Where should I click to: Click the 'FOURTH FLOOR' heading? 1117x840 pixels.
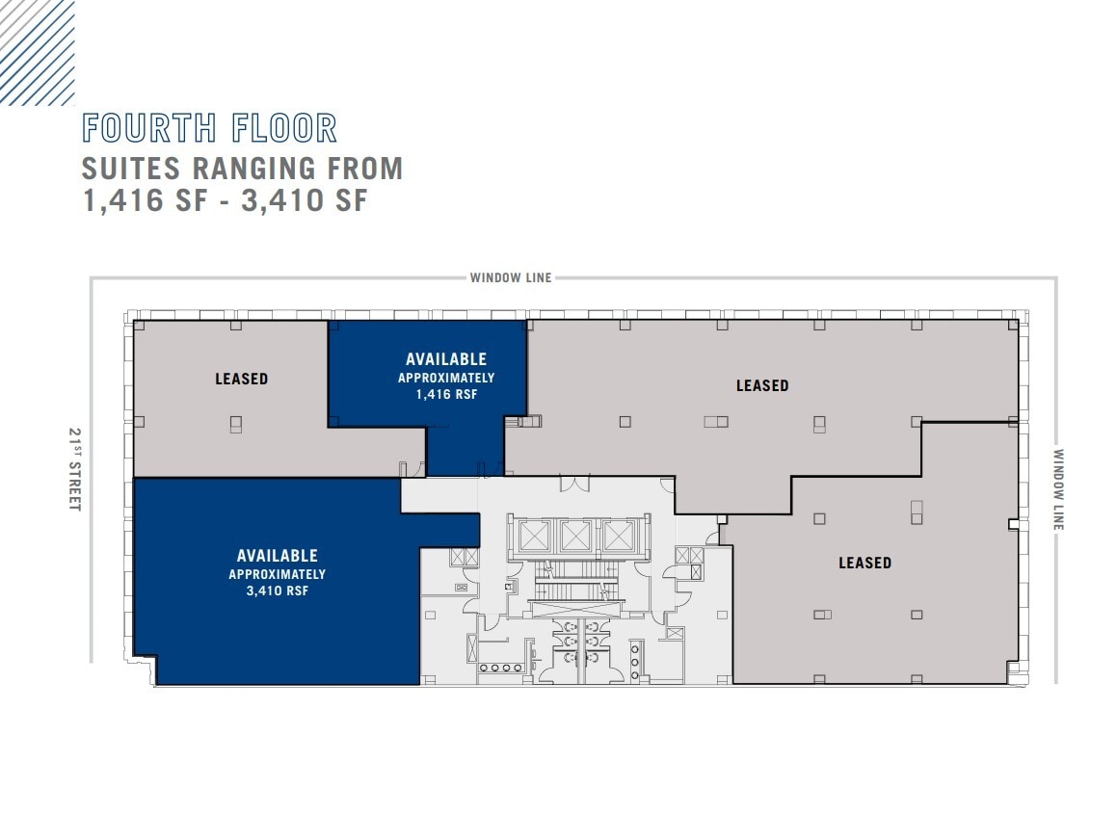coord(210,128)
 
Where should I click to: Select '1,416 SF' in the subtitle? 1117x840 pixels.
coord(145,201)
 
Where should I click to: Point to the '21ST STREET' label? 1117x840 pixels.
coord(74,469)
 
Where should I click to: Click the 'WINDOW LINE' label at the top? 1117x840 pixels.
coord(511,277)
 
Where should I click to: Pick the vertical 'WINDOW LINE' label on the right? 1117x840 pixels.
coord(1058,489)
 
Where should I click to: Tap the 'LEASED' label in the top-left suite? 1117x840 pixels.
coord(241,379)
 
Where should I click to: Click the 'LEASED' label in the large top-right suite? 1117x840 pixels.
coord(762,385)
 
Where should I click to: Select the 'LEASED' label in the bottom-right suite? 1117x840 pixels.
coord(864,563)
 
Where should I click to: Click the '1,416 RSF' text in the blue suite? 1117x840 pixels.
coord(446,394)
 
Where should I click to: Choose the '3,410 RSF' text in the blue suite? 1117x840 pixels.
coord(277,591)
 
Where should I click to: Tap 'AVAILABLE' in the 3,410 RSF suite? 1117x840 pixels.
coord(277,556)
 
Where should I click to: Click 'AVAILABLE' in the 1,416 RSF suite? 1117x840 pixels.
coord(446,359)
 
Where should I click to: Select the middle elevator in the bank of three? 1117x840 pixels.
coord(576,536)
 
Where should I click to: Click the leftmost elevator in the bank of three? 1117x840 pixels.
coord(534,536)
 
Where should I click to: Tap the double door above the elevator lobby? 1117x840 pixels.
coord(572,481)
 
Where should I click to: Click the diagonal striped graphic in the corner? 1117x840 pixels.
coord(37,51)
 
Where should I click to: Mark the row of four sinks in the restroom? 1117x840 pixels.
coord(498,667)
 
